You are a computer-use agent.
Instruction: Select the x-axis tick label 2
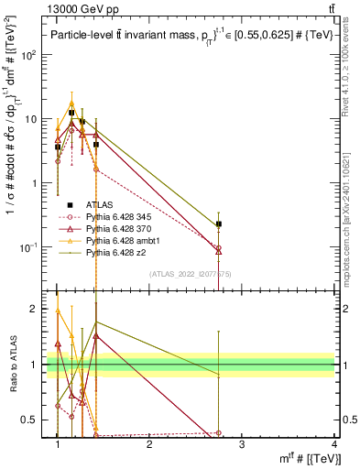pos(149,444)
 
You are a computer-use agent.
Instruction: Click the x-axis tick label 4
pos(334,444)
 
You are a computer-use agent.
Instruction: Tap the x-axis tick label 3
pos(242,444)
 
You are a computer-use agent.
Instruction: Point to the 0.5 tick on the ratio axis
pos(32,420)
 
